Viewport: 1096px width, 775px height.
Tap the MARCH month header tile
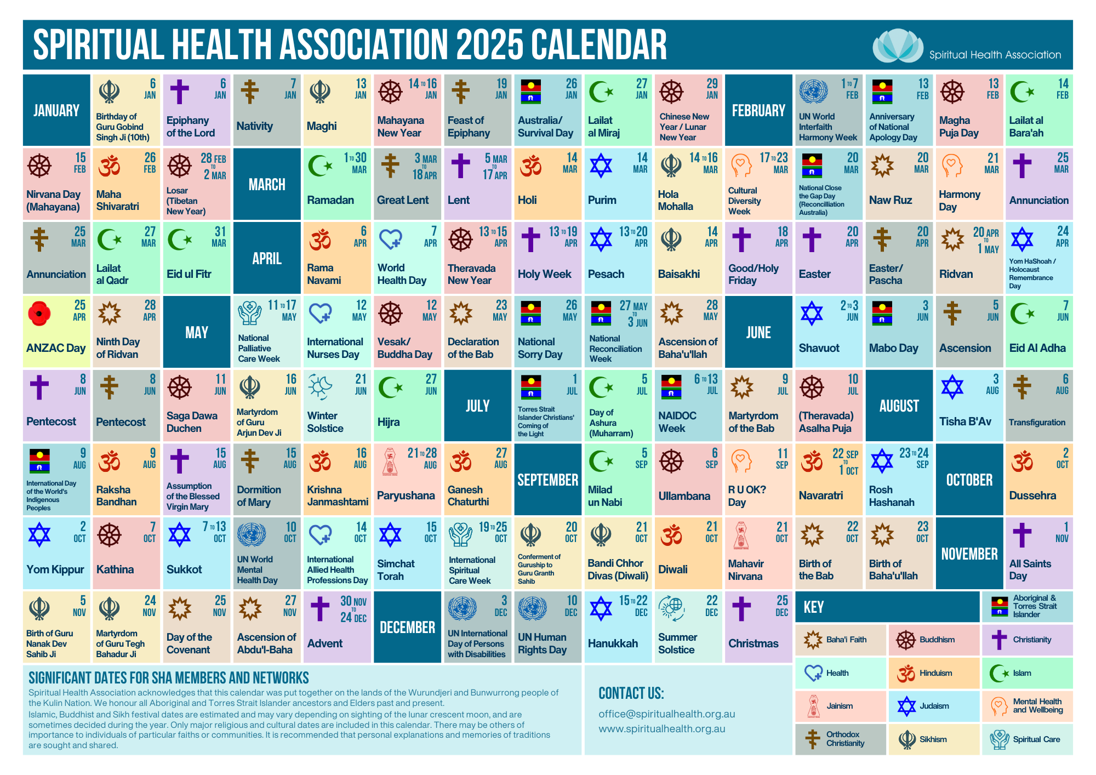pos(267,184)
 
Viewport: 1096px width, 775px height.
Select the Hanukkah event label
pos(613,643)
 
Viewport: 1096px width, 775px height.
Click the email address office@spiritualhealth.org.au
pos(666,714)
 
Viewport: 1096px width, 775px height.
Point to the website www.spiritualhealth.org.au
pos(661,728)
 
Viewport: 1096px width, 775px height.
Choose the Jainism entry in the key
pos(840,706)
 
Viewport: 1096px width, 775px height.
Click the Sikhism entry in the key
pos(933,739)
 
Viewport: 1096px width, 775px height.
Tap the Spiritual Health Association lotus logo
pos(897,46)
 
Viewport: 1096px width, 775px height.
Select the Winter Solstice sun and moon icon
pos(320,387)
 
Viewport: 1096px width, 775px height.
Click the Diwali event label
pos(672,569)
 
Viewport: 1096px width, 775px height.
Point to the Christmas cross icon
pos(741,608)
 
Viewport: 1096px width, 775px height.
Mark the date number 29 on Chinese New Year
pos(712,83)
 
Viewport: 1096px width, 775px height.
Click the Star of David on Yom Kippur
pos(39,535)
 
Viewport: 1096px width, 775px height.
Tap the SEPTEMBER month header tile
pos(547,480)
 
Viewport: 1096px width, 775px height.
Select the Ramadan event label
pos(330,200)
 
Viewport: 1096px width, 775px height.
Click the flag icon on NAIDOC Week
pos(671,386)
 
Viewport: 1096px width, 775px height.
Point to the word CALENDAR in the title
pos(598,45)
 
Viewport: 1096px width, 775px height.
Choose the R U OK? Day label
pos(747,495)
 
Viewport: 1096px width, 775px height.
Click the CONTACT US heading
pos(631,693)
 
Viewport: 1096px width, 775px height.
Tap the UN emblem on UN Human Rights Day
pos(532,608)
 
